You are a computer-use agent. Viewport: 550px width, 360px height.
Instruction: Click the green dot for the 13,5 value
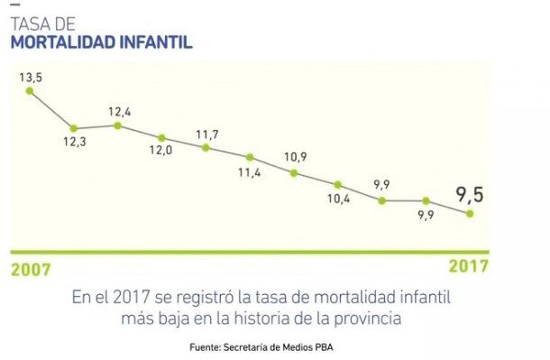click(x=30, y=90)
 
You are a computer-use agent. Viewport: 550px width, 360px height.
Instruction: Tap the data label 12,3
click(x=76, y=143)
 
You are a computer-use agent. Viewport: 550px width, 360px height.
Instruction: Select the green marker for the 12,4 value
click(x=118, y=125)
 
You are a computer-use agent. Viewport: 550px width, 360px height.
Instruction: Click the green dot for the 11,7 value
click(x=206, y=147)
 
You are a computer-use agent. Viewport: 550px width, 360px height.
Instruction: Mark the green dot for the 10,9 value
click(x=295, y=171)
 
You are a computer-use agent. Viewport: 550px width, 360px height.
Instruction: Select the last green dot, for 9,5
click(x=470, y=214)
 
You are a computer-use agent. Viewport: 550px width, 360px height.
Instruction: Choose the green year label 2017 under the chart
click(x=469, y=266)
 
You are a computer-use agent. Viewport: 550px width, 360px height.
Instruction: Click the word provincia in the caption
click(x=369, y=318)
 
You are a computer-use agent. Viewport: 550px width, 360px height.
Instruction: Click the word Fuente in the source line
click(x=208, y=347)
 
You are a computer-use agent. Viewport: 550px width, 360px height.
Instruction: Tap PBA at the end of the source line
click(x=335, y=347)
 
